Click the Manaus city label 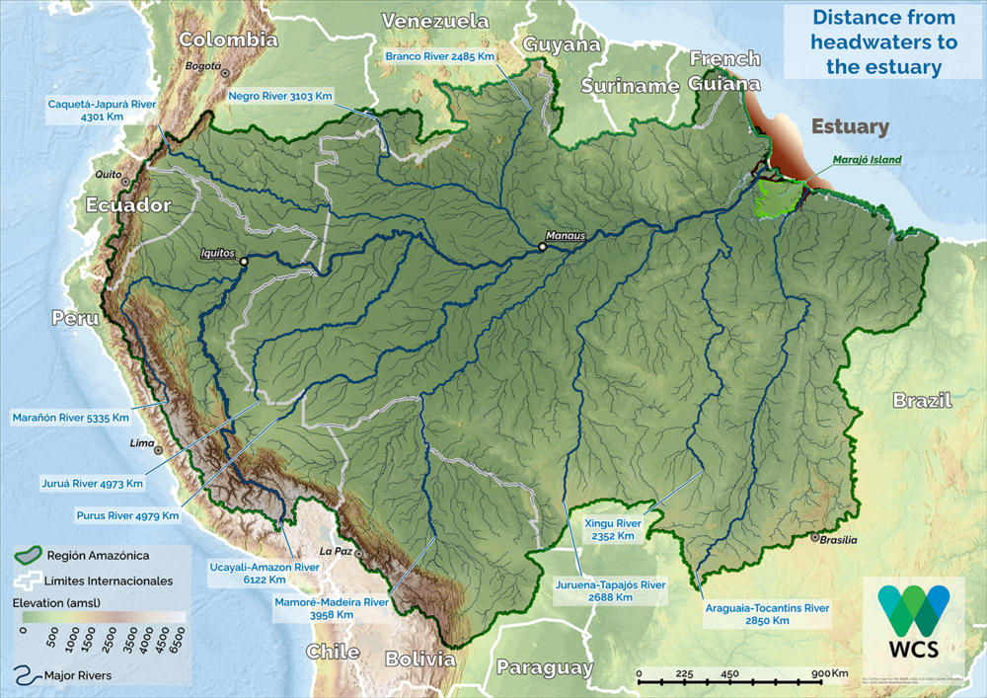(x=567, y=236)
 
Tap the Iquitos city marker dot (x=243, y=261)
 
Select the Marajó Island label (x=867, y=159)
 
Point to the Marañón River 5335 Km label (x=70, y=418)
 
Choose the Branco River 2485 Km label (x=439, y=57)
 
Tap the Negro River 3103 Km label (x=280, y=96)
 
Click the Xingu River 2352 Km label (x=612, y=529)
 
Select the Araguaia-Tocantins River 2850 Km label (x=767, y=614)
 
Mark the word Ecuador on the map (x=128, y=205)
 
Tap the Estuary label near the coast (x=850, y=127)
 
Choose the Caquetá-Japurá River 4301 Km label (x=102, y=110)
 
